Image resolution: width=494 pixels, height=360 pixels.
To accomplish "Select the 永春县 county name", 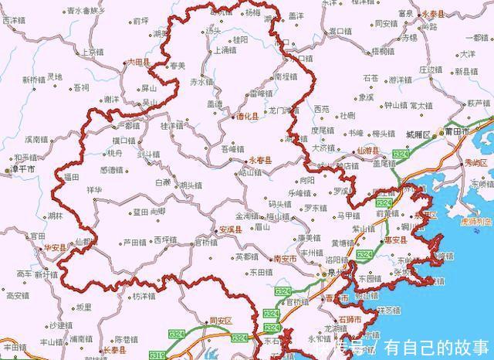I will (x=260, y=160).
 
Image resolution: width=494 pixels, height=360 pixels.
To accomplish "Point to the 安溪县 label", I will (x=231, y=229).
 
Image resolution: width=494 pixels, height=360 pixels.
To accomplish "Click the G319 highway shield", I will (x=157, y=355).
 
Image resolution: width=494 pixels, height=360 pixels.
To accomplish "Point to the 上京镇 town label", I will (x=91, y=52).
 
